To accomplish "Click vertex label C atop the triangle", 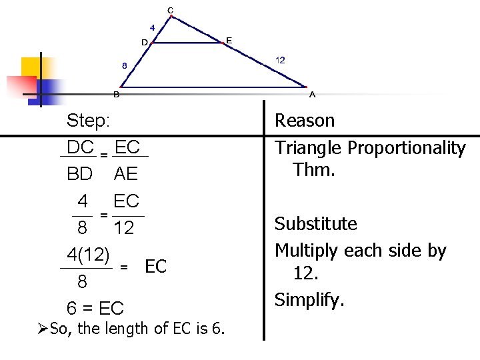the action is [x=171, y=10].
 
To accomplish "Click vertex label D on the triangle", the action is [x=145, y=43].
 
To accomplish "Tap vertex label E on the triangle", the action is [x=229, y=41].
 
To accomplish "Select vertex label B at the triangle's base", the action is [x=117, y=95].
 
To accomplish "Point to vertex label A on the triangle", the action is [x=312, y=95].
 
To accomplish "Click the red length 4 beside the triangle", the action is [x=153, y=28].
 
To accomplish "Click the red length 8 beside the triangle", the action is [x=124, y=66].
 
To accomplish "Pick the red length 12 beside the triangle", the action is [x=280, y=61].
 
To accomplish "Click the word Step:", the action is [x=89, y=121].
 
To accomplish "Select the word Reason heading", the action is [x=305, y=121].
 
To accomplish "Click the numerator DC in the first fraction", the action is [x=80, y=147].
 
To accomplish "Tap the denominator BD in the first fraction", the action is [x=80, y=175].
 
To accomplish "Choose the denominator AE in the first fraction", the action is [x=126, y=175].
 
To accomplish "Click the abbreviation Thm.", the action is [x=313, y=170].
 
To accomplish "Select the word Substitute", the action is [x=316, y=224].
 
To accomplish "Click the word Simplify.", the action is [x=310, y=301].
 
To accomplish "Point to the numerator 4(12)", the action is [x=88, y=254].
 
